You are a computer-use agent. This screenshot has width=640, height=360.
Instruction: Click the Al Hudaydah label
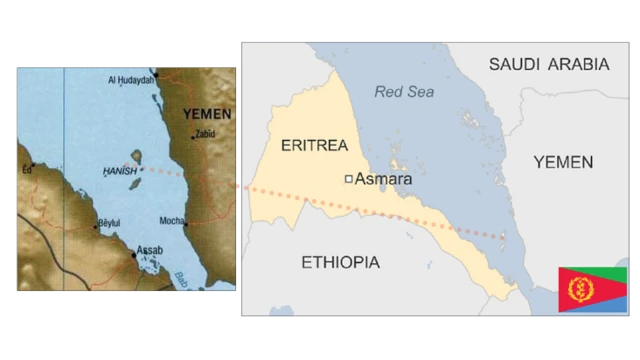(131, 79)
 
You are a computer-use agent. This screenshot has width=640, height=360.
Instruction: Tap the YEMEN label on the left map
(208, 114)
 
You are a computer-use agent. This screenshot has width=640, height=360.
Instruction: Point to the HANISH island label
(119, 171)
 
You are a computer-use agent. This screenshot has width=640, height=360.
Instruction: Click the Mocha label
(172, 221)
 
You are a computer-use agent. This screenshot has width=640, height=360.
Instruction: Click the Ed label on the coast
(27, 170)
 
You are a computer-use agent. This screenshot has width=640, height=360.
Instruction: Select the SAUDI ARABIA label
(548, 64)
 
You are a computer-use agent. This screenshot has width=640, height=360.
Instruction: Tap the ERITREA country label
(313, 145)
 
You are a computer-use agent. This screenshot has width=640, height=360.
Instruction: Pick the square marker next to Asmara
(347, 179)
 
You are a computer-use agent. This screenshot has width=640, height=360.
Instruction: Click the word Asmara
(383, 179)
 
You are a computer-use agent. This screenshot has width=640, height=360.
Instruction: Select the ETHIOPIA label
(340, 262)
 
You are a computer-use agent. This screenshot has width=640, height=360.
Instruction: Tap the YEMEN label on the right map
(562, 161)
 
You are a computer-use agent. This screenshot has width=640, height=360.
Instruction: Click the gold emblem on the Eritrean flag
(576, 290)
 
